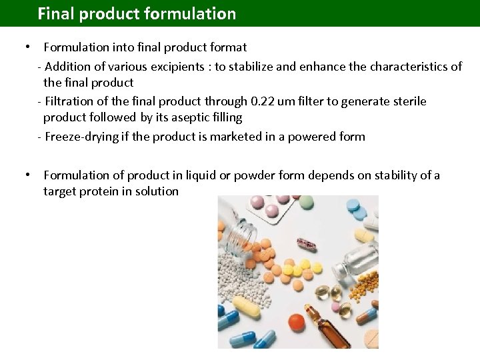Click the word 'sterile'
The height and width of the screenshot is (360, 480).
[409, 101]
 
